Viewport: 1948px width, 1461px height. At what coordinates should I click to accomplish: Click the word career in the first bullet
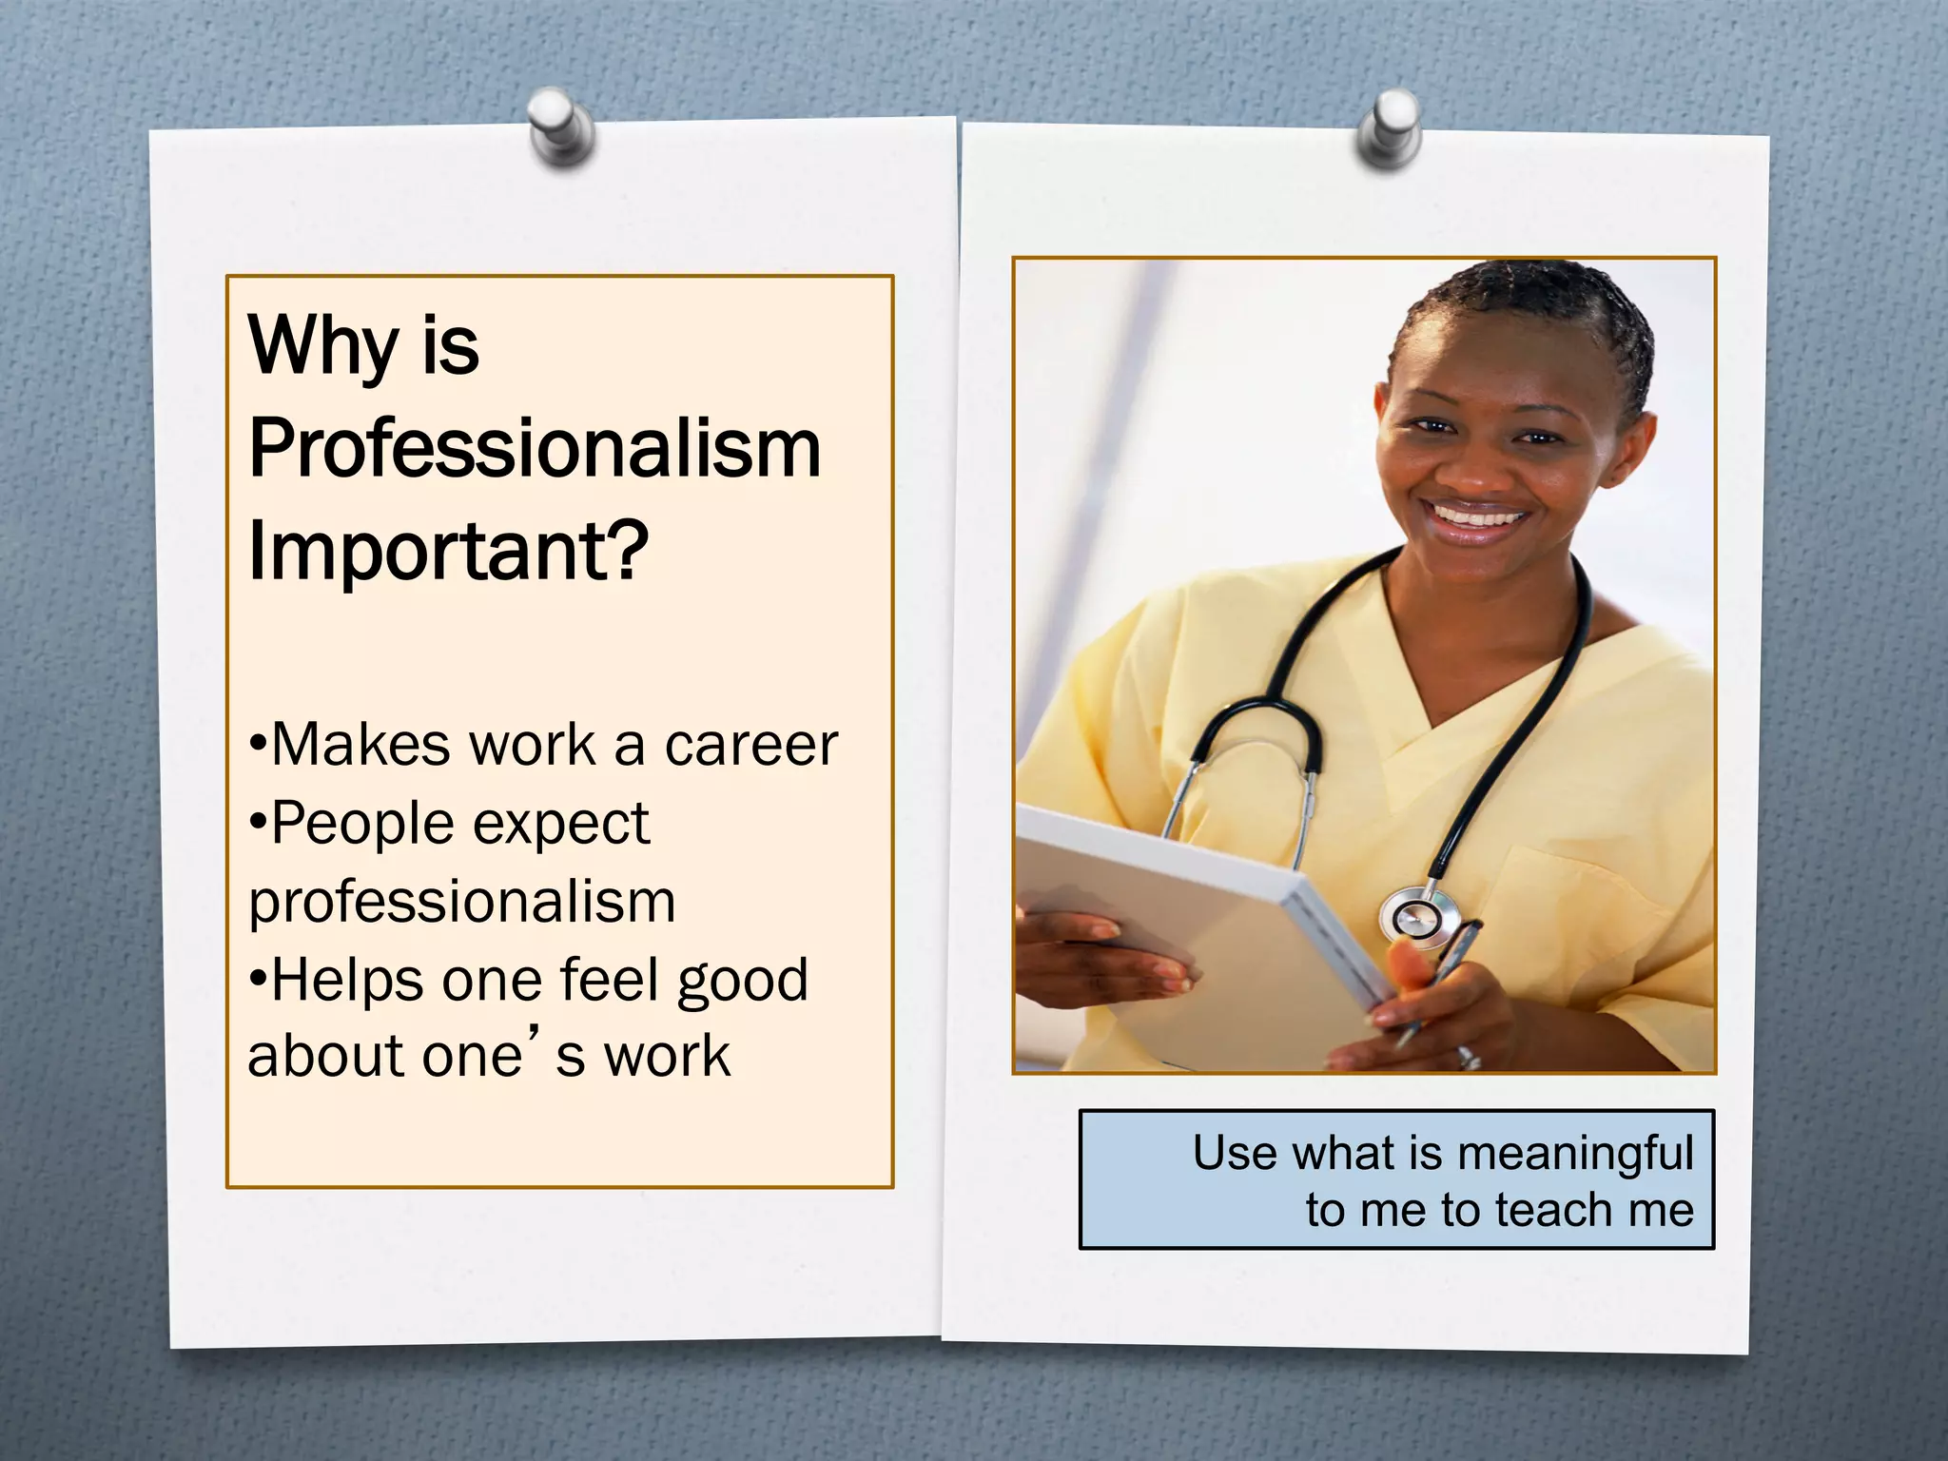click(751, 745)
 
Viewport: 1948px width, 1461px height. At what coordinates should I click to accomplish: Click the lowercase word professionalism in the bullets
click(462, 901)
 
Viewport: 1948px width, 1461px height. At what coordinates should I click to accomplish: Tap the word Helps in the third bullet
click(347, 980)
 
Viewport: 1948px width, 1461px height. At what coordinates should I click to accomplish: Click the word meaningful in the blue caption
click(1575, 1153)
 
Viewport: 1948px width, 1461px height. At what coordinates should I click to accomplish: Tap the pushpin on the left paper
click(561, 128)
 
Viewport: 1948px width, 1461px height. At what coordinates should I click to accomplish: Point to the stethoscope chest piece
click(1417, 917)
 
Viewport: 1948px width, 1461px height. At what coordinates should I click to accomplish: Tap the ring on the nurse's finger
click(1470, 1056)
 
